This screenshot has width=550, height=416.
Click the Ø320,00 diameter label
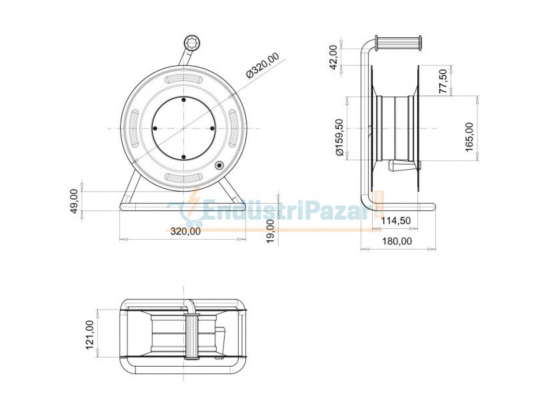(263, 66)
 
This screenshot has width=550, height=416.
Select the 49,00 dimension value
(75, 201)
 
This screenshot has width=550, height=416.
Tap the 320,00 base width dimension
(185, 232)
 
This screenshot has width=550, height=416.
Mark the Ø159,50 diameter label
(339, 138)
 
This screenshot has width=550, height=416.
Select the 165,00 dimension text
(469, 136)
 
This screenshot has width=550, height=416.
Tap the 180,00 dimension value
(397, 241)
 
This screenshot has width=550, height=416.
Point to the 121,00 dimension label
(90, 333)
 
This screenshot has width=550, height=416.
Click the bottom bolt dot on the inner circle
(183, 157)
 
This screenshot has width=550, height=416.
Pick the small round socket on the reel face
(219, 165)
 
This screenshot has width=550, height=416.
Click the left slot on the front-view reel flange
(131, 128)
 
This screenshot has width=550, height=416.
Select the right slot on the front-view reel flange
(235, 128)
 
